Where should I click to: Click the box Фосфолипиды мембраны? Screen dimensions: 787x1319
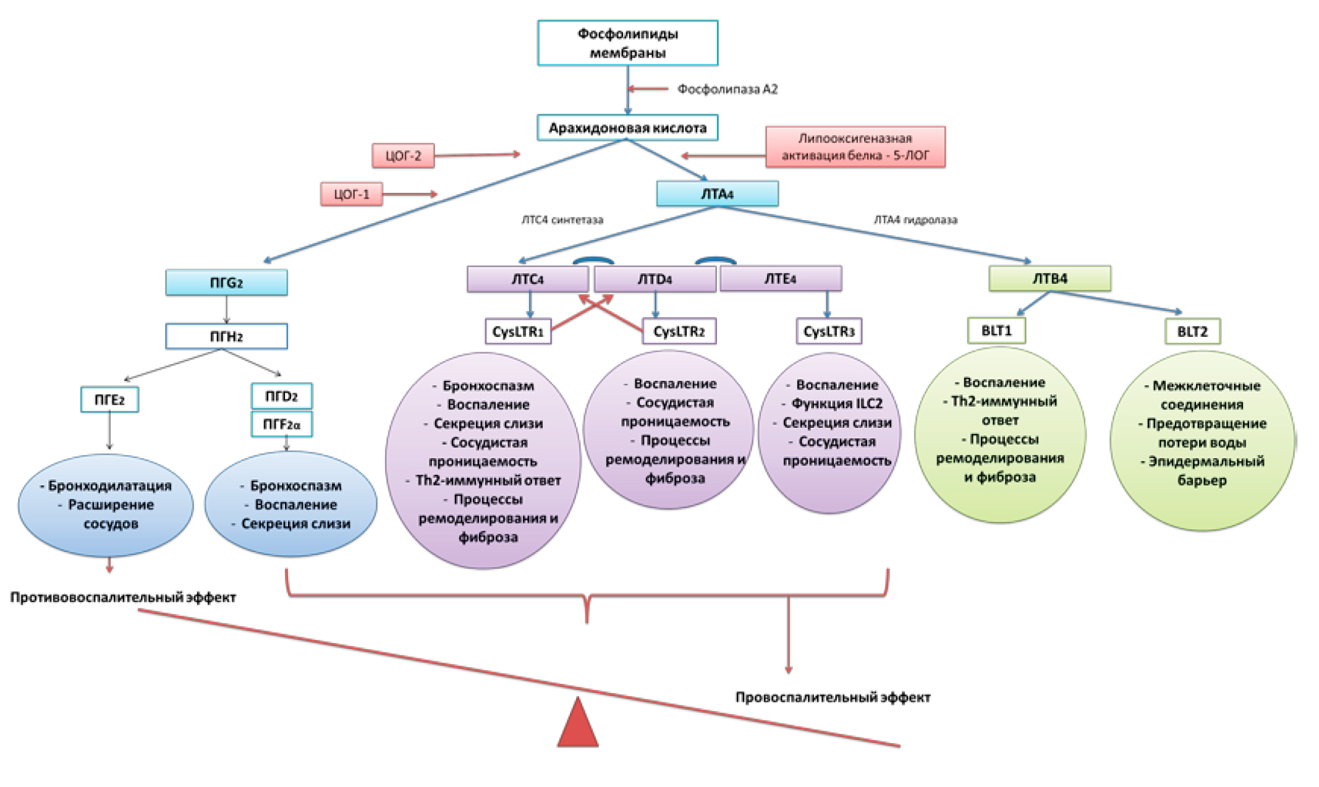(627, 43)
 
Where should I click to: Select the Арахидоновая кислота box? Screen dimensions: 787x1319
(627, 128)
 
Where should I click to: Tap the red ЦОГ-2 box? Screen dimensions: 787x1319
(403, 156)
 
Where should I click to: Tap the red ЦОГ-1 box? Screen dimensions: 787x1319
(351, 194)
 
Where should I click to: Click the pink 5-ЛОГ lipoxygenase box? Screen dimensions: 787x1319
(855, 147)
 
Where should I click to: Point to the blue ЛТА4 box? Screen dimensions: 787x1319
(717, 194)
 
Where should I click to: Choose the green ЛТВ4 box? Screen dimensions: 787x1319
(1050, 279)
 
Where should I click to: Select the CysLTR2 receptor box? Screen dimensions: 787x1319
(679, 331)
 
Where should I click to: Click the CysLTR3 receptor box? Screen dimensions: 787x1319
(828, 331)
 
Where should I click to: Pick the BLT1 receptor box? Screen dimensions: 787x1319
(996, 331)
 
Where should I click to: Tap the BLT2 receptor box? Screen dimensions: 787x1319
(1192, 331)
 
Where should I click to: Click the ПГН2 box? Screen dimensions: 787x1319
(226, 336)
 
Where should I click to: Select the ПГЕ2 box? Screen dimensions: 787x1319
(109, 400)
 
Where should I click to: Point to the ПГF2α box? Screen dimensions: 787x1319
(282, 425)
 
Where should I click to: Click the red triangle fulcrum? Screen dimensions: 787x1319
(578, 725)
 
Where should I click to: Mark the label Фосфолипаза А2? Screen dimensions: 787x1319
(727, 90)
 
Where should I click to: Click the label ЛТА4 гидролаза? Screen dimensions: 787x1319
(915, 220)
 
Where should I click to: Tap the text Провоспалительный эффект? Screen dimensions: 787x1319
(833, 697)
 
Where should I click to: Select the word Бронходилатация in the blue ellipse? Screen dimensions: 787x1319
(109, 486)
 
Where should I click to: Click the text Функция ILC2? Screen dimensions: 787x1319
(837, 404)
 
